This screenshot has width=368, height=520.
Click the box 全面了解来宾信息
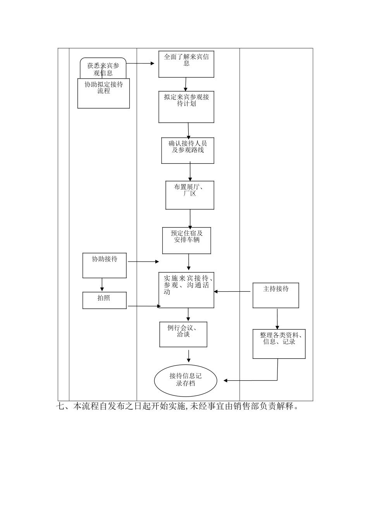coord(186,64)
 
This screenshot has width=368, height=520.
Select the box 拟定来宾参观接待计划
coord(186,107)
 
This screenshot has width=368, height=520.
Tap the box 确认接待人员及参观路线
coord(187,150)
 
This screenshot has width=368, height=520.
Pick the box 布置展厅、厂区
coord(190,195)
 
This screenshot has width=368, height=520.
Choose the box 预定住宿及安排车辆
coord(187,240)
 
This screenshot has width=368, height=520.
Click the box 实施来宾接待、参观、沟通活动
coord(186,290)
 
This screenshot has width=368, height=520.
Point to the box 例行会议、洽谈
coord(183,334)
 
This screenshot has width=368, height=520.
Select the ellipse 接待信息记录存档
coord(186,380)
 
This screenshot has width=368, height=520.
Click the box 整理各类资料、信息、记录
coord(279,344)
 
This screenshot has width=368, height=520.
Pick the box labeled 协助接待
coord(105,265)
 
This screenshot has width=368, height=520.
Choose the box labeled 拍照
coord(105,300)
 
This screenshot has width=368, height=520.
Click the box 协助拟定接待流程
coord(103,93)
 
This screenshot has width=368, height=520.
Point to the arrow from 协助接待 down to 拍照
coord(102,284)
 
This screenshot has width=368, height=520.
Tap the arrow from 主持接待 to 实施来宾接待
coord(232,291)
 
